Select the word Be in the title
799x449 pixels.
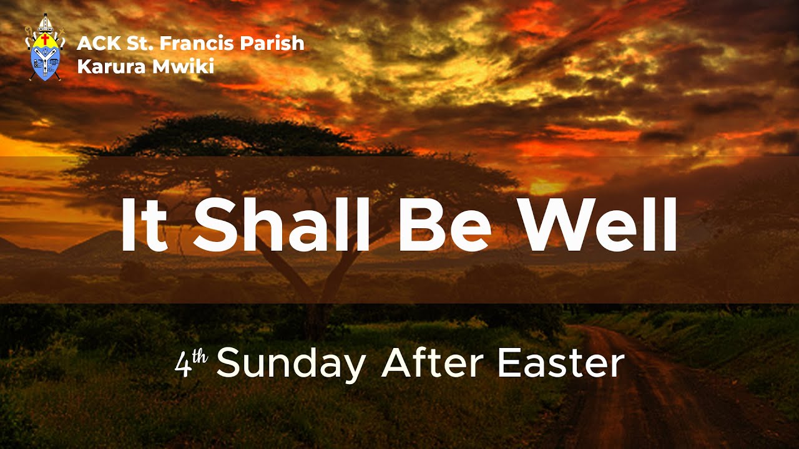pyautogui.click(x=446, y=224)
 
